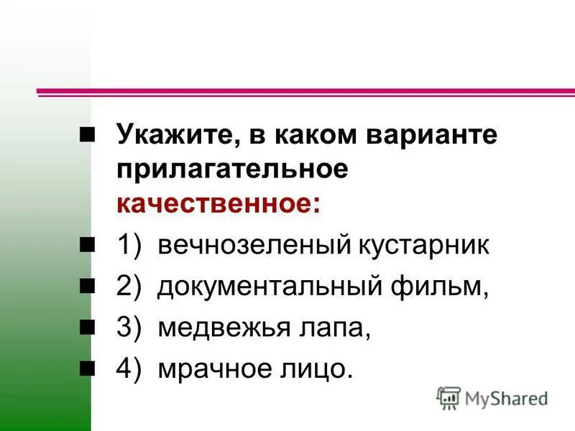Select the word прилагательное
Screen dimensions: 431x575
click(x=234, y=170)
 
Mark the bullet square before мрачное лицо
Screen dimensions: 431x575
click(x=87, y=369)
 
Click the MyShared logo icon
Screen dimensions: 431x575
click(x=448, y=397)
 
